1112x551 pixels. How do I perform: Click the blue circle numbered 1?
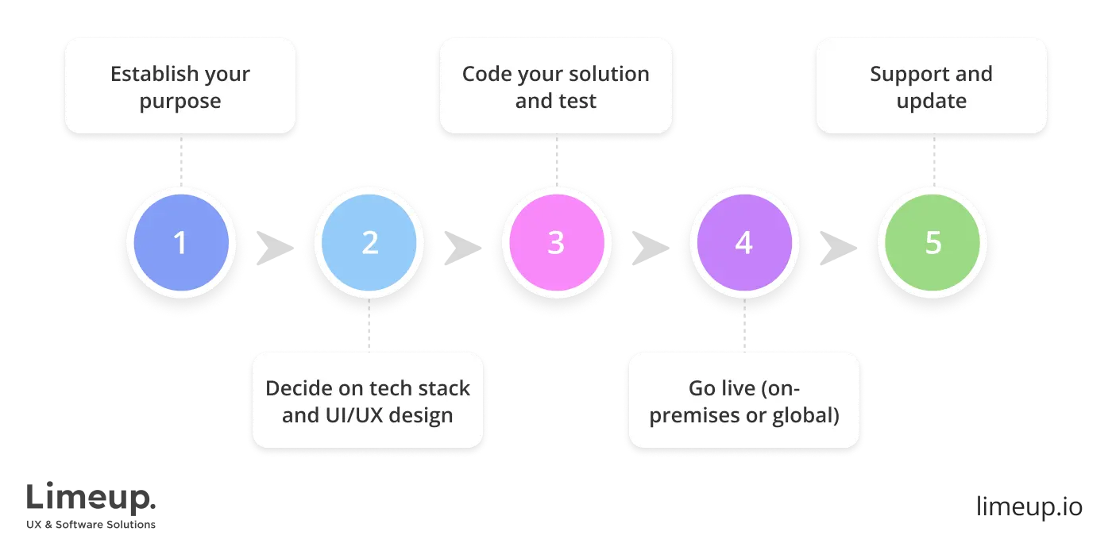[181, 243]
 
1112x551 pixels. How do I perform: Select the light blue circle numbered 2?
[369, 243]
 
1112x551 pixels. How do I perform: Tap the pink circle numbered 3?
[556, 243]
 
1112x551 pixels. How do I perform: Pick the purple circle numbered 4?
[743, 243]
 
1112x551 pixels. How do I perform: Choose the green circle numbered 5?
[932, 243]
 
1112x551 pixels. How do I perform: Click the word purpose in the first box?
[180, 102]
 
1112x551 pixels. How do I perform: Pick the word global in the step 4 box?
[810, 415]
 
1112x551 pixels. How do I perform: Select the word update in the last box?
[932, 102]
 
